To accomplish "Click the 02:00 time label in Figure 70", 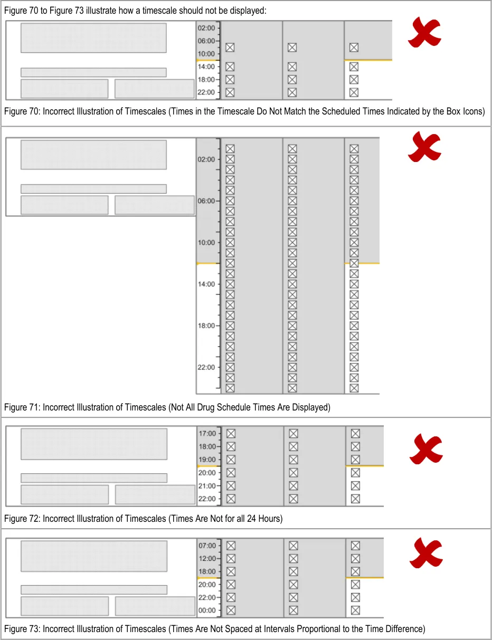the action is pyautogui.click(x=206, y=28).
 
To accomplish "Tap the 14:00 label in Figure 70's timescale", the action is pyautogui.click(x=206, y=66).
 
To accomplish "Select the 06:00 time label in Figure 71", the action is pyautogui.click(x=206, y=201).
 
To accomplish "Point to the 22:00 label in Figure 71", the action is pyautogui.click(x=206, y=367).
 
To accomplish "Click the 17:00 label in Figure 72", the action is pyautogui.click(x=207, y=434).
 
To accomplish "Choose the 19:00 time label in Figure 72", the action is pyautogui.click(x=207, y=460).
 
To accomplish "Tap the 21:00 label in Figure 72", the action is pyautogui.click(x=207, y=485).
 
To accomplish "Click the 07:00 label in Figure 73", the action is pyautogui.click(x=207, y=546).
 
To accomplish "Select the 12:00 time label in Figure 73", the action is pyautogui.click(x=207, y=558).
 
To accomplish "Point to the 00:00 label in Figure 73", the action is pyautogui.click(x=207, y=610).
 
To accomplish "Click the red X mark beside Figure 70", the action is pyautogui.click(x=424, y=32).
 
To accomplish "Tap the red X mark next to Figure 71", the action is pyautogui.click(x=424, y=147).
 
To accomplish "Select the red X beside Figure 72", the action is pyautogui.click(x=426, y=449).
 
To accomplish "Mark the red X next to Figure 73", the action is pyautogui.click(x=426, y=553).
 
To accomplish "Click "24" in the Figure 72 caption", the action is pyautogui.click(x=251, y=518).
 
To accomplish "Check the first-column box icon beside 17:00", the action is pyautogui.click(x=231, y=434).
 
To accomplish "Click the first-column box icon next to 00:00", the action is pyautogui.click(x=231, y=610).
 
